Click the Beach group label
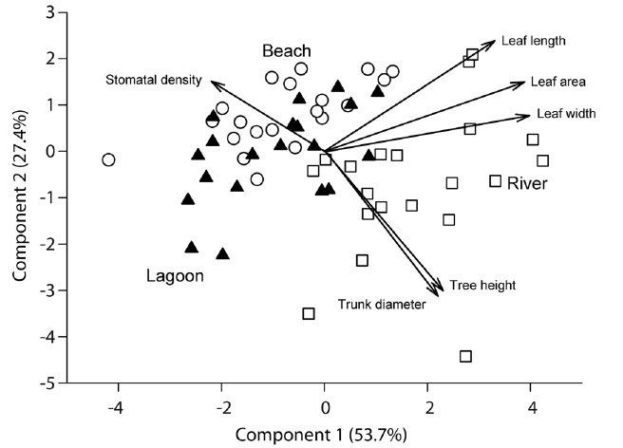(287, 50)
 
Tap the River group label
(526, 182)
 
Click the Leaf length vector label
(535, 41)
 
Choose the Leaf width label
(566, 114)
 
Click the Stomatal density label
(153, 80)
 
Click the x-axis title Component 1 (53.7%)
(320, 436)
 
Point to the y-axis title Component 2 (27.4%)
(19, 197)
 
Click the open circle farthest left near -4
(108, 159)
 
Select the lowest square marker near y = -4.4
(465, 357)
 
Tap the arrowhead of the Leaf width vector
(528, 116)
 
